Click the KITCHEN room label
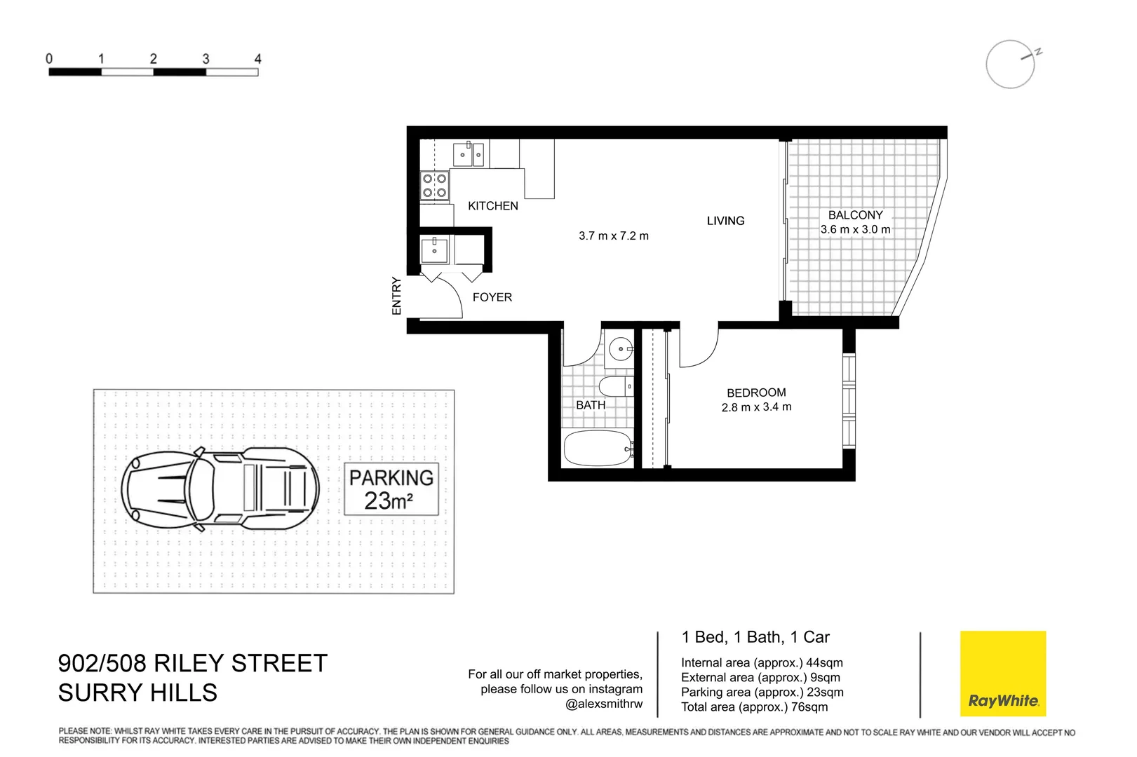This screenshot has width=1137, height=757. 492,206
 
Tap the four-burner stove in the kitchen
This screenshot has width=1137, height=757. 434,186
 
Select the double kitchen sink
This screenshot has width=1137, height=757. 469,154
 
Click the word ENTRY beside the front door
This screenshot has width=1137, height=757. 396,296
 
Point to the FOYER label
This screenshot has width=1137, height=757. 492,297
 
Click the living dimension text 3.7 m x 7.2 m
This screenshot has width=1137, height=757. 613,236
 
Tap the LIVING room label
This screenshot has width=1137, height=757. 725,221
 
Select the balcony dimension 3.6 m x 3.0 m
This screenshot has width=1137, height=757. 855,230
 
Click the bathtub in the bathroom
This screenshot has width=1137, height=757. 597,449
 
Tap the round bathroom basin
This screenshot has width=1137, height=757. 620,348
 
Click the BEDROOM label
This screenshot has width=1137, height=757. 756,393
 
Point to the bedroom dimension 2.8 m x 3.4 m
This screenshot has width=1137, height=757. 756,407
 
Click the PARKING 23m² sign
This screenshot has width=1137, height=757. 391,489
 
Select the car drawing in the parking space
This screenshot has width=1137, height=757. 220,489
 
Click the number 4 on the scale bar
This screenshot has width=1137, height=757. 257,59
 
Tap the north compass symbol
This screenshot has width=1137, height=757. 1011,64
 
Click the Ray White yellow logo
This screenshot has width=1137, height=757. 1002,674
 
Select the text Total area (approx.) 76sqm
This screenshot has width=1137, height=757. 754,707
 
